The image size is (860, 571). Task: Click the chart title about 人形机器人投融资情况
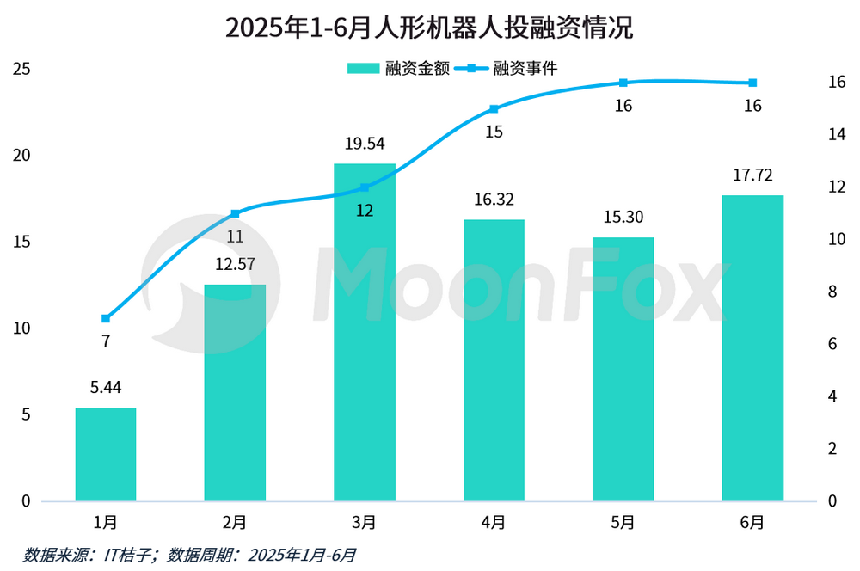coord(429,28)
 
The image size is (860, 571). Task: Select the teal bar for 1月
coord(106,454)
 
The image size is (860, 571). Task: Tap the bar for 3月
coord(365,332)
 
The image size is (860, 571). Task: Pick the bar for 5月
coord(623,369)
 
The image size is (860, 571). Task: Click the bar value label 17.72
coord(752,176)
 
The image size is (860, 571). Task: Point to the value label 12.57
coord(235,265)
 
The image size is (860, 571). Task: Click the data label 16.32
coord(494,200)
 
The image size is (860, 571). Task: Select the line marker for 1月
coord(106,318)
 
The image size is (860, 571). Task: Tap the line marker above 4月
coord(494,109)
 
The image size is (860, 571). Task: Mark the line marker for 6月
coord(752,83)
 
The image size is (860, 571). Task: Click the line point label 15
coord(494,132)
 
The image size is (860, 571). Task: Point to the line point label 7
coord(106,341)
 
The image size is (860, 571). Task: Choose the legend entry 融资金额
coord(398,68)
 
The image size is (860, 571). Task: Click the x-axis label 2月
coord(235,522)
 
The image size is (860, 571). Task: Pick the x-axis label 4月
coord(494,522)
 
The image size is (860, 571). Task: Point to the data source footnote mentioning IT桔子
coord(190,555)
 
